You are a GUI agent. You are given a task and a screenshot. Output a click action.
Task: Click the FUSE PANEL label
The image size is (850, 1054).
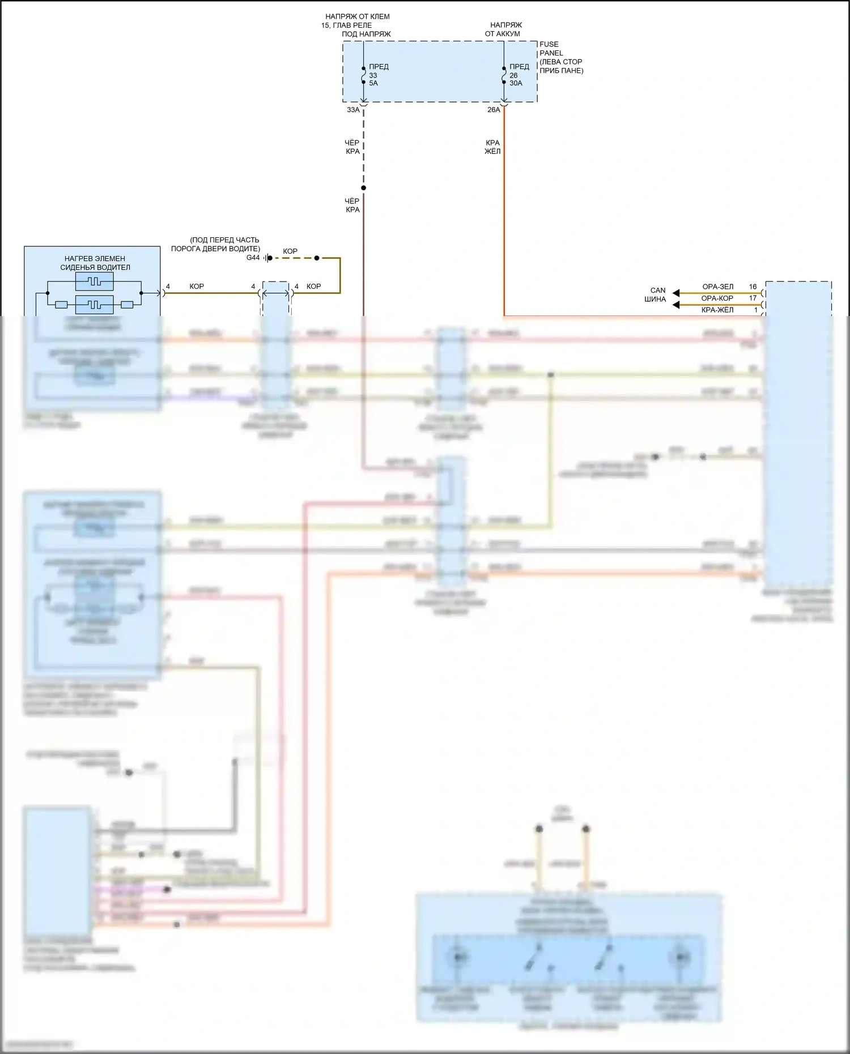pyautogui.click(x=549, y=49)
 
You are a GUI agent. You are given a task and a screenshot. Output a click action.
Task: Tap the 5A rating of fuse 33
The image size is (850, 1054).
pyautogui.click(x=373, y=83)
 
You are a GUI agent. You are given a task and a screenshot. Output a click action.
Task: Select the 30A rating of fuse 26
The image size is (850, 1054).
pyautogui.click(x=516, y=83)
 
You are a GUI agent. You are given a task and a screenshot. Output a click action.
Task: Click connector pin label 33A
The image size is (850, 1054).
pyautogui.click(x=353, y=110)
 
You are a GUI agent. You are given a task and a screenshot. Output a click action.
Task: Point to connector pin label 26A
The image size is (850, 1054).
pyautogui.click(x=494, y=110)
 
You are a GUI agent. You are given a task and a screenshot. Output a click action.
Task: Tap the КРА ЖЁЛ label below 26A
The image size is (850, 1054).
pyautogui.click(x=492, y=147)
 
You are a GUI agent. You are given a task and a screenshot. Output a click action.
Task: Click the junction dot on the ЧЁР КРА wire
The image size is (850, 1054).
pyautogui.click(x=364, y=188)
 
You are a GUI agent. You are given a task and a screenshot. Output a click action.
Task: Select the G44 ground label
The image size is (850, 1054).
pyautogui.click(x=253, y=258)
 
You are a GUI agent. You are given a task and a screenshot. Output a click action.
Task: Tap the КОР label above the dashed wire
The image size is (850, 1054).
pyautogui.click(x=290, y=251)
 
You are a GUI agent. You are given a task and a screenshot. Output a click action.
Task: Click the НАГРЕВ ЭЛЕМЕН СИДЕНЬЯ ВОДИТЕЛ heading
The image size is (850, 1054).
pyautogui.click(x=95, y=263)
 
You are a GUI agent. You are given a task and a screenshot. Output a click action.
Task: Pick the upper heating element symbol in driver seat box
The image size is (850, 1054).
pyautogui.click(x=94, y=281)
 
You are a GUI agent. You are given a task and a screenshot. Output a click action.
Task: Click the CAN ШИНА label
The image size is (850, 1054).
pyautogui.click(x=656, y=295)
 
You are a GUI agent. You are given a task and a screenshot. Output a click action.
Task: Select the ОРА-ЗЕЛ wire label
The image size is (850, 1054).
pyautogui.click(x=717, y=287)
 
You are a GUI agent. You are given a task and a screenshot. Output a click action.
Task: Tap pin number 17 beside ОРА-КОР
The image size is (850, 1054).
pyautogui.click(x=753, y=298)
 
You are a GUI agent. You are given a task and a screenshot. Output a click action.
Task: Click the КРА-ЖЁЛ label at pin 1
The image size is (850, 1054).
pyautogui.click(x=717, y=310)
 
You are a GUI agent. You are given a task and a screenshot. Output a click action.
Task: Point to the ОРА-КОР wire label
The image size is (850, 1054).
pyautogui.click(x=717, y=298)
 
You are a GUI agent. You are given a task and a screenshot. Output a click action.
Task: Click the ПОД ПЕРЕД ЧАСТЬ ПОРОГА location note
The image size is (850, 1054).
pyautogui.click(x=217, y=244)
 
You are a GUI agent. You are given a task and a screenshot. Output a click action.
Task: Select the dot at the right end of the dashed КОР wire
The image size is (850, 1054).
pyautogui.click(x=317, y=258)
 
